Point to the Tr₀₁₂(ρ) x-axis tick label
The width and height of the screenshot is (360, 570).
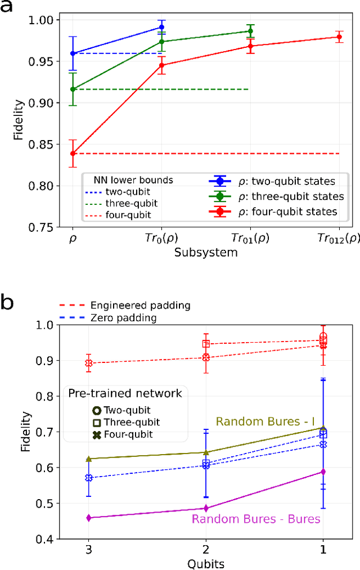[337, 238]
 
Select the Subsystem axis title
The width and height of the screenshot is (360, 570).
[206, 253]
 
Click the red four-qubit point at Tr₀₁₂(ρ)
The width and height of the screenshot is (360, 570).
[339, 37]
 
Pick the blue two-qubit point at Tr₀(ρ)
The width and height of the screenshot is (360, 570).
[162, 27]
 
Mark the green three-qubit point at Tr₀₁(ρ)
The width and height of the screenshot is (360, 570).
[250, 32]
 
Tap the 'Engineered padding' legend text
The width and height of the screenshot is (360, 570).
[140, 306]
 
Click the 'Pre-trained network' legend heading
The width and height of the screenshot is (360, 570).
[125, 393]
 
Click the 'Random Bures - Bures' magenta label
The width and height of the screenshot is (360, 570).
[256, 519]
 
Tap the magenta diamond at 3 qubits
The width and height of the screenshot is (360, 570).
[89, 518]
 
